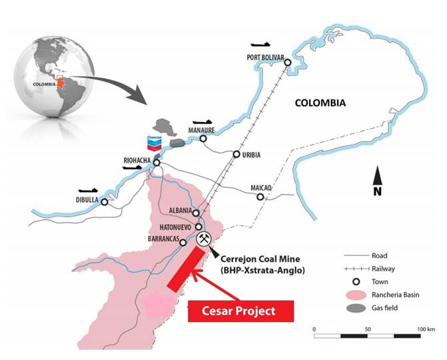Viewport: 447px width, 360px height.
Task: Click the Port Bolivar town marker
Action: [288, 63]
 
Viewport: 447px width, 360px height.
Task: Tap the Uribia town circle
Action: [236, 155]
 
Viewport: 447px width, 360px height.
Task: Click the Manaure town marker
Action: [203, 139]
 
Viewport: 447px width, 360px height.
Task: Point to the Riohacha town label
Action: [136, 160]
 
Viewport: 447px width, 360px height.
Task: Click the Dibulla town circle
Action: [104, 202]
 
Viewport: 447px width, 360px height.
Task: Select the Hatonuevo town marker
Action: [199, 227]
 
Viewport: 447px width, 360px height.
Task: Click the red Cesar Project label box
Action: [241, 311]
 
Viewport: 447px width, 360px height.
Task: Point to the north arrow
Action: [377, 180]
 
